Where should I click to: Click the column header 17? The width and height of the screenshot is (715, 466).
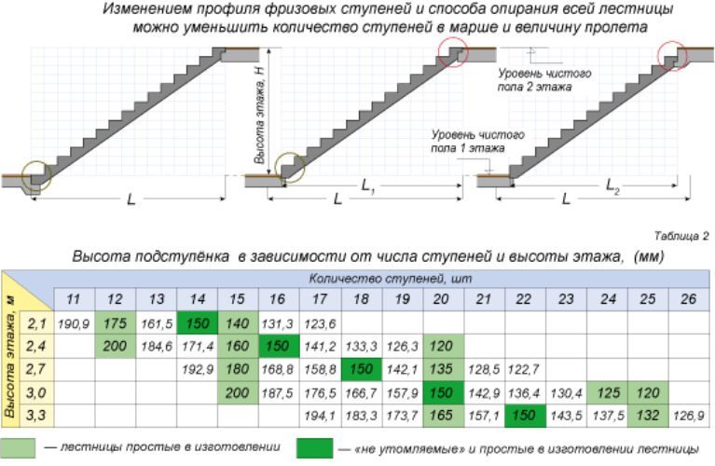tap(319, 299)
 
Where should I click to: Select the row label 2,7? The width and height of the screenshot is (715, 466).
tap(37, 368)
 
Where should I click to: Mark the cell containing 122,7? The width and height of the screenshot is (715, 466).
tap(524, 368)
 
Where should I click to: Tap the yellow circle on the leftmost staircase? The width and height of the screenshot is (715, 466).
tap(37, 174)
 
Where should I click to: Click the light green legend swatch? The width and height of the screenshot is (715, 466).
tap(21, 447)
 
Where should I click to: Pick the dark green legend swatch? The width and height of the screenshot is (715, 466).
tap(314, 447)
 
